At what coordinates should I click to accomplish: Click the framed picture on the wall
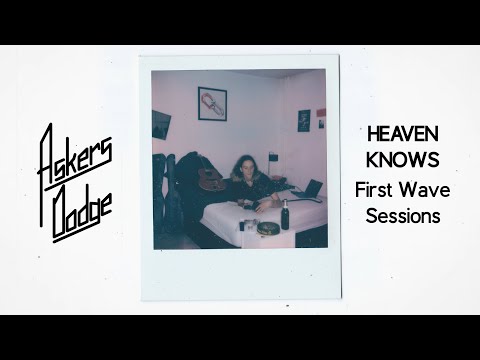click(x=212, y=103)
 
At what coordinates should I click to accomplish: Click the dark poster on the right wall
click(x=304, y=121)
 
